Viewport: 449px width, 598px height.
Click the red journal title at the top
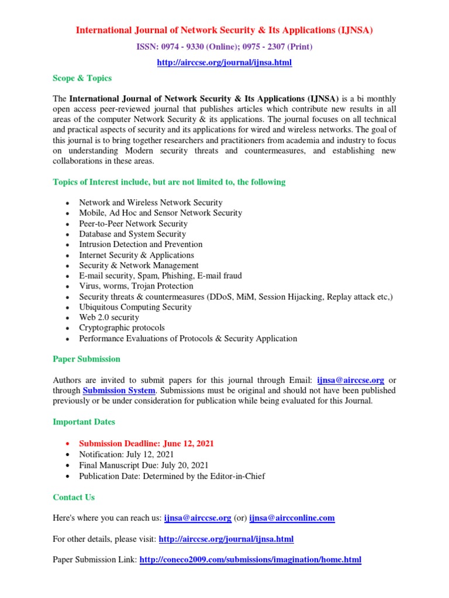pos(224,30)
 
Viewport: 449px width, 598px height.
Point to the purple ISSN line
pos(224,47)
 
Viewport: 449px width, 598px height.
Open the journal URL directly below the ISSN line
pos(224,62)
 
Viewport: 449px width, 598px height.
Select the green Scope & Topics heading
pos(82,78)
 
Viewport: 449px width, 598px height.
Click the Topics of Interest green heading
pos(169,182)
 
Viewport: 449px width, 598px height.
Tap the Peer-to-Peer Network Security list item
pos(133,224)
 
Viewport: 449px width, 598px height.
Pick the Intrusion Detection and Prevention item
pos(141,244)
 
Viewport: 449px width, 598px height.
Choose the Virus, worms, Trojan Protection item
pos(136,286)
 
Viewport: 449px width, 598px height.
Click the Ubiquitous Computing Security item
pos(136,307)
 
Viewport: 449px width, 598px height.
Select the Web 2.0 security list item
pos(109,318)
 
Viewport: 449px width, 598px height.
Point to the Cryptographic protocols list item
pos(122,328)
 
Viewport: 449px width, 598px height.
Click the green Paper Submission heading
pos(87,359)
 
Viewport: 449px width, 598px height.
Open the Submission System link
pos(119,390)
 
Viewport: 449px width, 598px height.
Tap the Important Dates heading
pos(84,422)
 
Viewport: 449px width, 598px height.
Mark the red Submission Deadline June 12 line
pos(146,444)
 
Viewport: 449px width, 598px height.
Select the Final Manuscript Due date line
pos(144,465)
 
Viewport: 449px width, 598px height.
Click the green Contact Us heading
pos(74,498)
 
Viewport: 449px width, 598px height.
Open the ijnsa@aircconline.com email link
pos(292,518)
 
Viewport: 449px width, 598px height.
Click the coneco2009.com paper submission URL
pos(250,560)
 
